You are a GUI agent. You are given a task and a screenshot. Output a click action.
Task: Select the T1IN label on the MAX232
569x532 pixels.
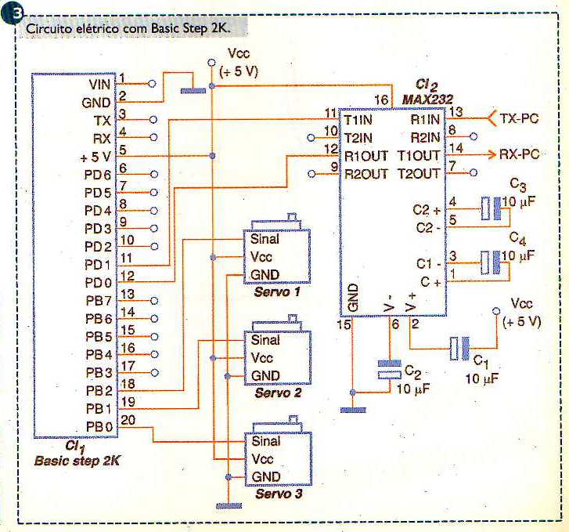click(359, 119)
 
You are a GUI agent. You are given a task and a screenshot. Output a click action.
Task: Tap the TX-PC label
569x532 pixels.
click(520, 119)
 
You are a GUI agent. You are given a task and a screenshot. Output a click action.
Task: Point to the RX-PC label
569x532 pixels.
click(520, 154)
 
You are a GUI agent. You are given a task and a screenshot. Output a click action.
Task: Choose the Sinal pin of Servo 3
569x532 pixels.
click(267, 442)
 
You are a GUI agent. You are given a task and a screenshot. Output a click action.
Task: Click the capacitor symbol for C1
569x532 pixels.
click(459, 349)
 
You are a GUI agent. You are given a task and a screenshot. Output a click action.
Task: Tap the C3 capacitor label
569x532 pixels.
click(517, 184)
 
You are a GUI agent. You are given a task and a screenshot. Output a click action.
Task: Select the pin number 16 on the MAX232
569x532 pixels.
click(381, 100)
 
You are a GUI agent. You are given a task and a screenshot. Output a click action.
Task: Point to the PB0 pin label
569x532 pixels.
click(99, 427)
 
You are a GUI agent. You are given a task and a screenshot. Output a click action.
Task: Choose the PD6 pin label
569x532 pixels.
click(99, 174)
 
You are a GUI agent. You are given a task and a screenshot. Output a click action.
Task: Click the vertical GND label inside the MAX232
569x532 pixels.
click(354, 297)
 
